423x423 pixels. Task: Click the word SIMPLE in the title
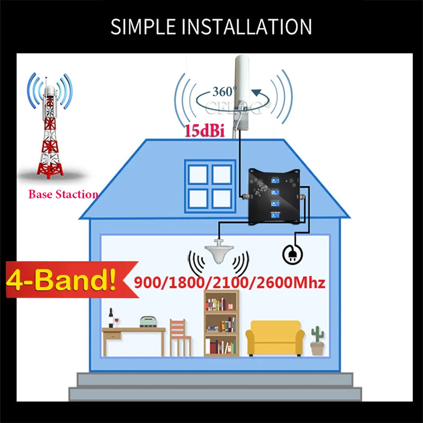[x=142, y=26]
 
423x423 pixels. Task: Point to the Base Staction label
[x=63, y=194]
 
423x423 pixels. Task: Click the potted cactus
[x=317, y=341]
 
